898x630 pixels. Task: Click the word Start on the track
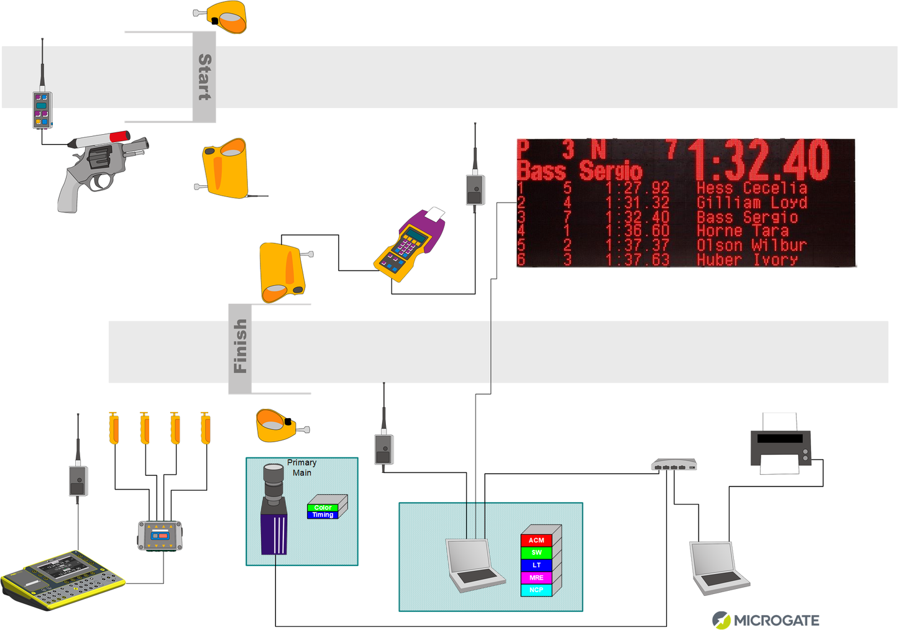pos(204,77)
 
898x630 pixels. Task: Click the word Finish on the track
pos(240,347)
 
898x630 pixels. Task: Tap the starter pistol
pos(100,168)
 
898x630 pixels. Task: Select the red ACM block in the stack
pos(536,541)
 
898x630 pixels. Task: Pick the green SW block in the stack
pos(536,553)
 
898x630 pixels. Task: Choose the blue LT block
pos(536,565)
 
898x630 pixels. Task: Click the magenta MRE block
pos(536,578)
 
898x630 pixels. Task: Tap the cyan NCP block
pos(536,590)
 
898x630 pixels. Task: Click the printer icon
pos(781,445)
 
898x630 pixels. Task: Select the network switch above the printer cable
pos(674,465)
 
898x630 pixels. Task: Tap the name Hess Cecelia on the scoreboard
pos(751,188)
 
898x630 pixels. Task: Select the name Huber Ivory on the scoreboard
pos(747,260)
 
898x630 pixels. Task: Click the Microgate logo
pos(766,619)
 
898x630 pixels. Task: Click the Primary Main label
pos(302,467)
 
